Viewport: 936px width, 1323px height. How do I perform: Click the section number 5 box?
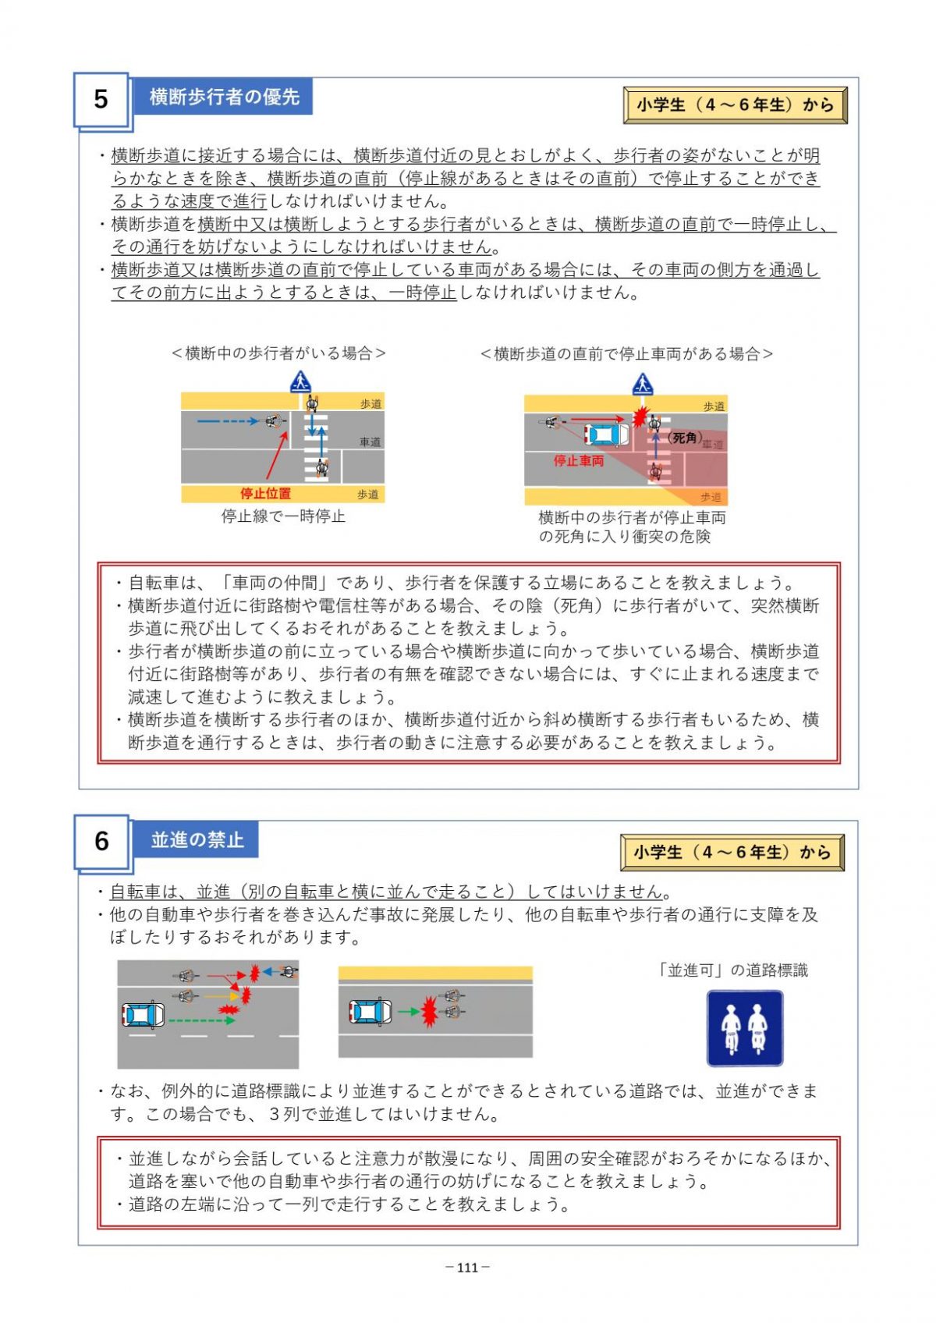[101, 99]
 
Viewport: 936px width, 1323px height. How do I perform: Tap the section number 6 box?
[101, 842]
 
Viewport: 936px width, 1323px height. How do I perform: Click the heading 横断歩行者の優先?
[224, 96]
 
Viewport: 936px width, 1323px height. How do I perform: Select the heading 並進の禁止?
[197, 839]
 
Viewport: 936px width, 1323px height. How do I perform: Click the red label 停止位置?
[265, 493]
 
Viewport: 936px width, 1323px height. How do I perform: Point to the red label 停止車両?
[578, 461]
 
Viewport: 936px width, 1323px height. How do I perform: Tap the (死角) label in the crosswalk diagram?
[684, 438]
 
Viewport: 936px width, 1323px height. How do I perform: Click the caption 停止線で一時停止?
[283, 516]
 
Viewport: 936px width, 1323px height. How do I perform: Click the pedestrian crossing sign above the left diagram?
[300, 381]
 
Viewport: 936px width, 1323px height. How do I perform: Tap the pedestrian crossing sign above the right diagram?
[642, 384]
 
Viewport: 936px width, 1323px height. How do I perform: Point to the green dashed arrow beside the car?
[201, 1020]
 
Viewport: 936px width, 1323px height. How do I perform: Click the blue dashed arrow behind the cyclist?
[227, 421]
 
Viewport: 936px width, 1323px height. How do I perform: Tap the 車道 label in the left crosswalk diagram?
[370, 442]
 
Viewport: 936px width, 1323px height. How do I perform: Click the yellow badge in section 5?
[736, 105]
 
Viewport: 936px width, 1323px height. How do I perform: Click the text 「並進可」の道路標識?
[732, 970]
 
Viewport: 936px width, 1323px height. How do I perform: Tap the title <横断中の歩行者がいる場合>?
[278, 353]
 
